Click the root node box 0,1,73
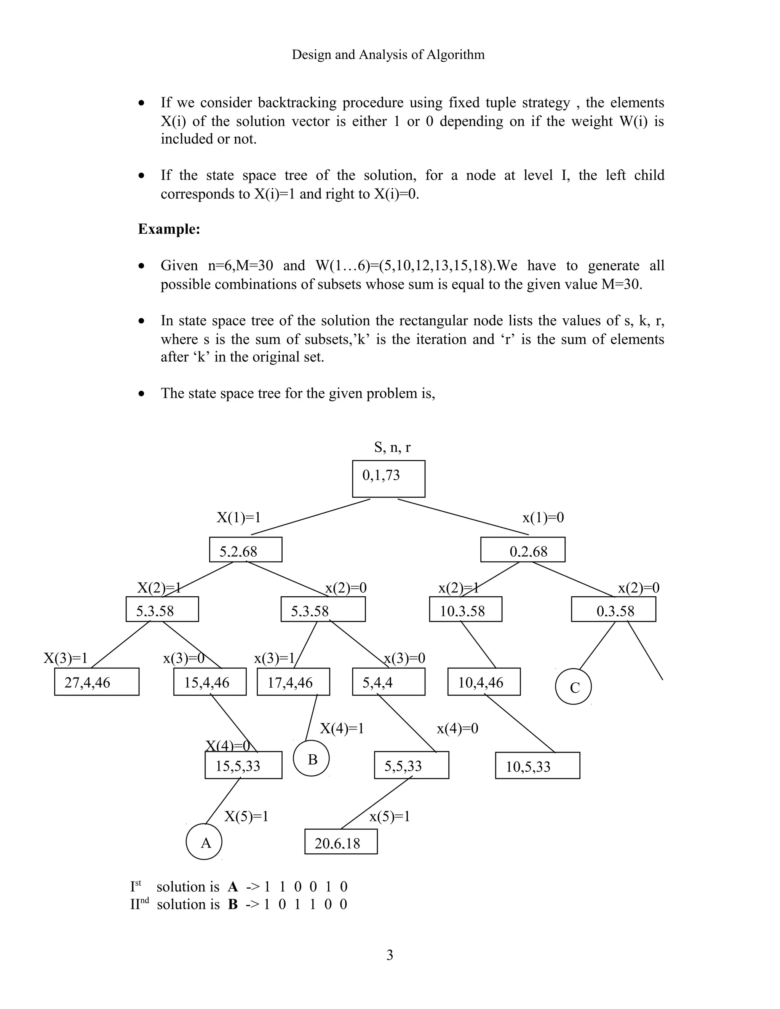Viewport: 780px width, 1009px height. click(388, 478)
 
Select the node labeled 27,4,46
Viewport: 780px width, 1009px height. click(97, 682)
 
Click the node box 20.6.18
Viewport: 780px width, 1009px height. click(340, 841)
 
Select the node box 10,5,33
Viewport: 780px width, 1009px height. click(537, 766)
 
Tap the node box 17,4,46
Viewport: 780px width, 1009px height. click(293, 682)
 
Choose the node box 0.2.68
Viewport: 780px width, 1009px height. click(522, 549)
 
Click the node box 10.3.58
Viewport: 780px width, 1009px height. click(465, 609)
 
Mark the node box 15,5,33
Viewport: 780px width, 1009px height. click(243, 765)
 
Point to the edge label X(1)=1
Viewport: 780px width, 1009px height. click(238, 517)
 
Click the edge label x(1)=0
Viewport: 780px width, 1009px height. click(543, 517)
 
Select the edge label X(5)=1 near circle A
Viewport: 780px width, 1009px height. click(246, 816)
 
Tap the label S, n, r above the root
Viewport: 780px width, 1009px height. click(392, 447)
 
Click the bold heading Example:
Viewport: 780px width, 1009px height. click(169, 229)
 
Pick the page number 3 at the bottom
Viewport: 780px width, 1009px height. click(390, 955)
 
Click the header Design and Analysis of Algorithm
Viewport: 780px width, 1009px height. click(388, 54)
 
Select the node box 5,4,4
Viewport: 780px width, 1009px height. click(388, 682)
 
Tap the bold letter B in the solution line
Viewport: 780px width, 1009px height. click(233, 904)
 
